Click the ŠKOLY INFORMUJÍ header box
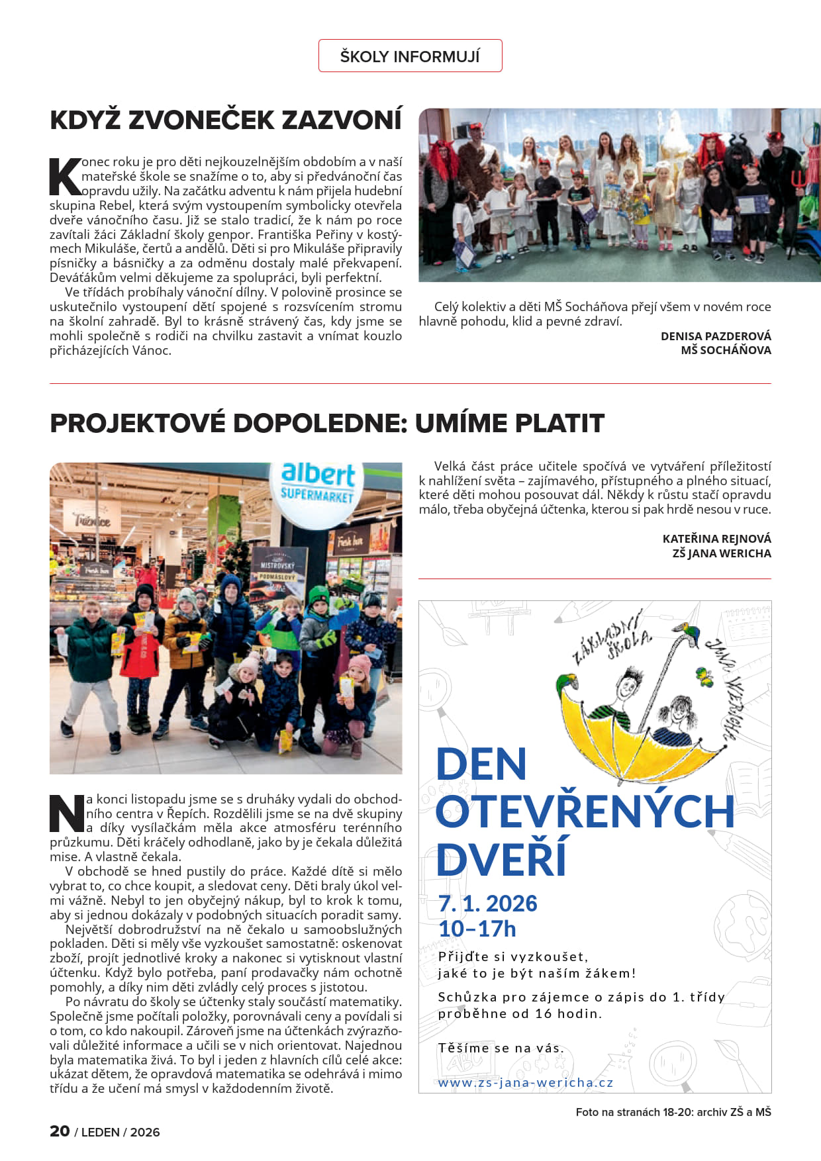tap(410, 56)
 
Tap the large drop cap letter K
tap(65, 177)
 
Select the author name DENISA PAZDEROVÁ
tap(715, 336)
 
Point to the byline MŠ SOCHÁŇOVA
tap(726, 350)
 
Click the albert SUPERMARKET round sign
tap(318, 483)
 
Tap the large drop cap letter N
tap(67, 813)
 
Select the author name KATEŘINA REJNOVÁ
tap(716, 539)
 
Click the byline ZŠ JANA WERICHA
tap(721, 553)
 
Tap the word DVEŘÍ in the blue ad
tap(501, 859)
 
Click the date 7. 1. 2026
tap(487, 904)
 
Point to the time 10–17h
tap(477, 929)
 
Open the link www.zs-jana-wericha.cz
tap(526, 1083)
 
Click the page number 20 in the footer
tap(60, 1131)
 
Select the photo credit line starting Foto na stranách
tap(673, 1112)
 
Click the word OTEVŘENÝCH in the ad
tap(585, 812)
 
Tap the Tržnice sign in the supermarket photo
tap(91, 520)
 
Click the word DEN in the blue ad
tap(481, 765)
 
